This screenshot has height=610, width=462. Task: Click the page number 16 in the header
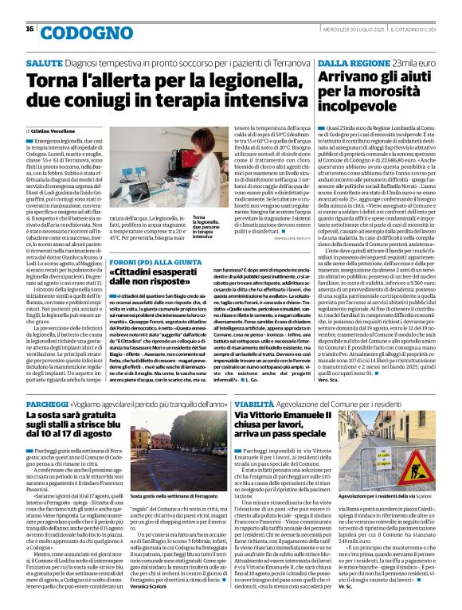tap(29, 29)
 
